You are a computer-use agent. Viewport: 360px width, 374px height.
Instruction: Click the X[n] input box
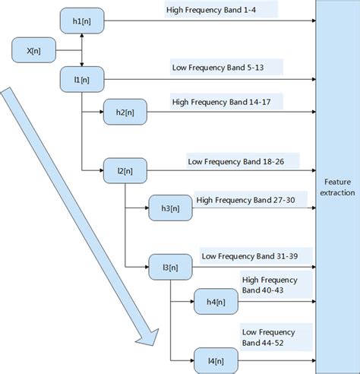(x=33, y=51)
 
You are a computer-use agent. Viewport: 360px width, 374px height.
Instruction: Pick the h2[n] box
(x=125, y=112)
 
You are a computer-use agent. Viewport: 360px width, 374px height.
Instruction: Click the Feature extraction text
(x=338, y=188)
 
